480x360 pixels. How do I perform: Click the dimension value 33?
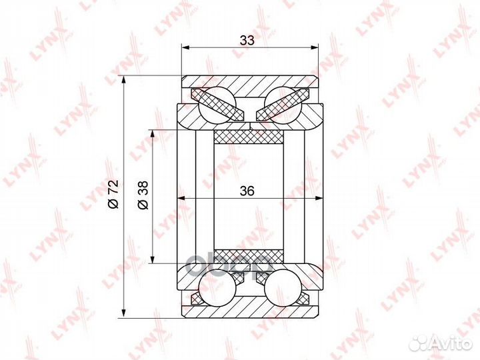[x=247, y=40]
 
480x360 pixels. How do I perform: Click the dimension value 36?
[x=247, y=191]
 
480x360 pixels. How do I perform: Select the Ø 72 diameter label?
[x=113, y=195]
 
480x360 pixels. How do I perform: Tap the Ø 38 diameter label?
[x=143, y=195]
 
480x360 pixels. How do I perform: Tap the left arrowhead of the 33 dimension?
[x=185, y=47]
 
